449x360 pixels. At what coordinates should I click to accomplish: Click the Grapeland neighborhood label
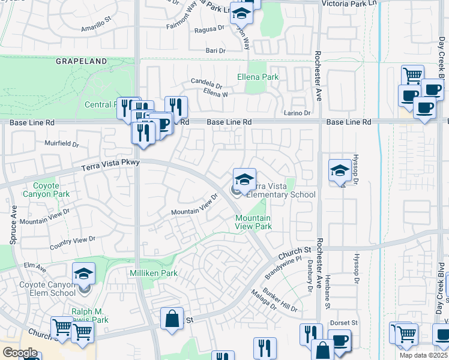tap(82, 61)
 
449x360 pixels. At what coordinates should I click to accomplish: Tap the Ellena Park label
tap(258, 77)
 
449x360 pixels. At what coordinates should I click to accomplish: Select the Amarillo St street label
tap(96, 27)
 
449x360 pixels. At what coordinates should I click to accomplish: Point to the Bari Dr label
tap(215, 51)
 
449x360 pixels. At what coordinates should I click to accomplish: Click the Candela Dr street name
tap(206, 82)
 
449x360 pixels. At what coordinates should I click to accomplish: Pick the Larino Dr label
tap(297, 113)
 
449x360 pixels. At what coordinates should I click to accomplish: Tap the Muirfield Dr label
tap(62, 144)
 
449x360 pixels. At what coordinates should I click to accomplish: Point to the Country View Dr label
tap(72, 242)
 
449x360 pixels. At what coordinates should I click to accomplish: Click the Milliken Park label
tap(153, 273)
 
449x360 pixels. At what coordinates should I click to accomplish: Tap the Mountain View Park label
tap(253, 222)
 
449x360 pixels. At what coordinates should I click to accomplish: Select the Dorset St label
tap(344, 323)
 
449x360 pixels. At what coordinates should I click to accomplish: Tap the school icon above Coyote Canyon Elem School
tap(84, 274)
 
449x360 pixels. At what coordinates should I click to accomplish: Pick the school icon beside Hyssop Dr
tap(340, 170)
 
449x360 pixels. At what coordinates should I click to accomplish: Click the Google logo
tap(20, 353)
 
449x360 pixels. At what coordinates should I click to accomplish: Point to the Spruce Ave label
tap(13, 226)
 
